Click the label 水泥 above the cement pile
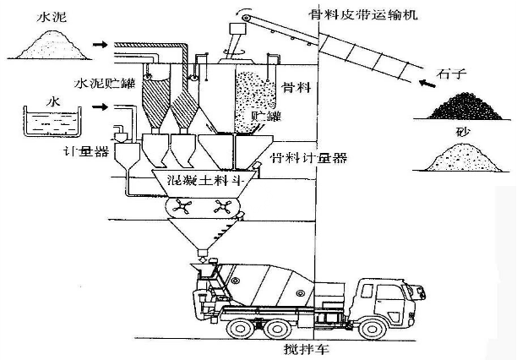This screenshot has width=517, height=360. [41, 14]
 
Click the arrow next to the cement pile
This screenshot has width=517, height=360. [100, 43]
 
